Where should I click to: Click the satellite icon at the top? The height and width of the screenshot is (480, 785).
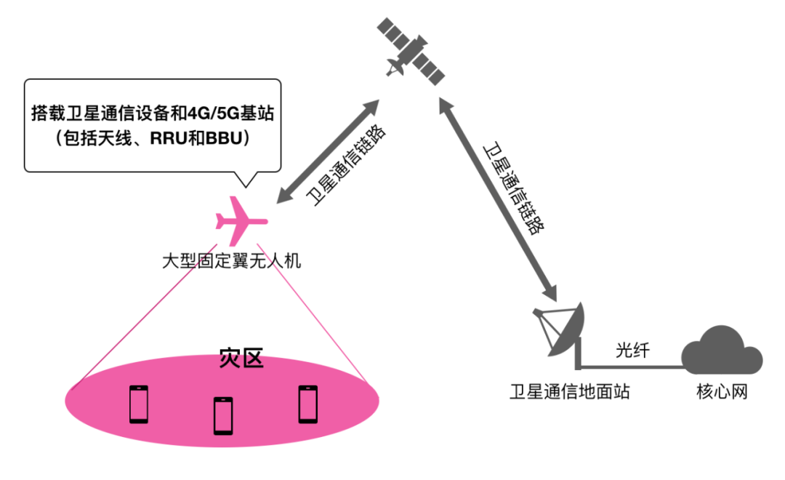411,52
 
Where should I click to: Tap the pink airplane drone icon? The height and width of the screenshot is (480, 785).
241,221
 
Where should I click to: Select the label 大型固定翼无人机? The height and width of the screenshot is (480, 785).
231,261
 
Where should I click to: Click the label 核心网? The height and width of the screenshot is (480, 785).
722,391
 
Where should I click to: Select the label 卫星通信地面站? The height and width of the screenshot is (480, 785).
569,391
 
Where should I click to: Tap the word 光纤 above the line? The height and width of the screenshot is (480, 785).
632,350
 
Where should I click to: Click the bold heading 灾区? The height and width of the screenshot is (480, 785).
241,359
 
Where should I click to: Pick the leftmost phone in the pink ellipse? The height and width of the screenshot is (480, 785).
139,404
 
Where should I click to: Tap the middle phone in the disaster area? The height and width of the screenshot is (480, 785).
223,415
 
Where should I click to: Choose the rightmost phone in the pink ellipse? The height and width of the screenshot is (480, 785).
308,404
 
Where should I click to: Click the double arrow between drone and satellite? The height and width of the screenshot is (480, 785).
328,151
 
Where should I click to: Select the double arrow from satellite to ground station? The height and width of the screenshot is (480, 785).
498,199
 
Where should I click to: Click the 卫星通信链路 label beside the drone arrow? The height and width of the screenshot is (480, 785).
346,166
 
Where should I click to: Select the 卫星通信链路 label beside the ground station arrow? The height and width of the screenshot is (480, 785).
514,188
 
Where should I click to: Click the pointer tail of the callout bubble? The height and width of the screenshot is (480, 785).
246,179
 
